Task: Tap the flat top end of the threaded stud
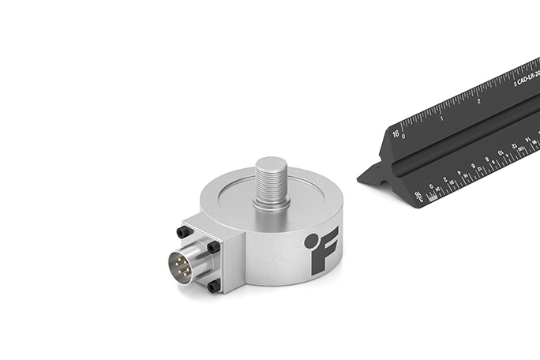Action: (272, 164)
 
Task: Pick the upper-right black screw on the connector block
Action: (214, 246)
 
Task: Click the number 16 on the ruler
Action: (396, 134)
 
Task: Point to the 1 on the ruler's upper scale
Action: (441, 118)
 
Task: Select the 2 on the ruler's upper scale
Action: (479, 100)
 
